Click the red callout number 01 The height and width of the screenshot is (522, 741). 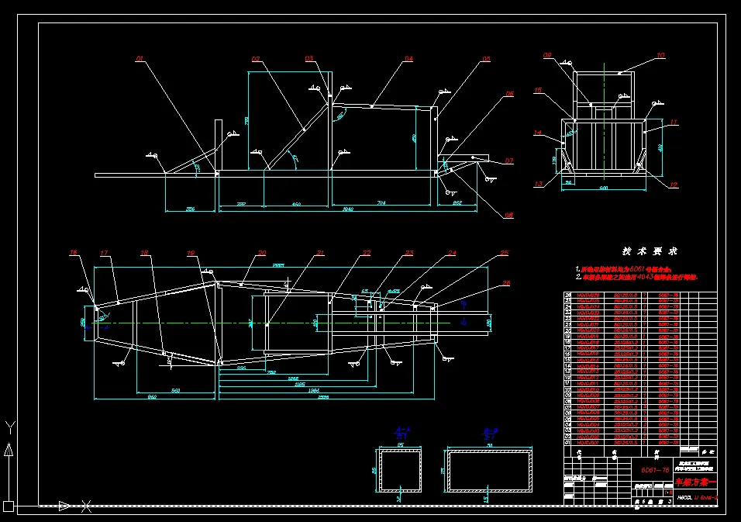tap(140, 58)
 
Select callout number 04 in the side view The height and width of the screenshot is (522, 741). tap(408, 58)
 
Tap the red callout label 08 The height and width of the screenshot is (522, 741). tap(509, 215)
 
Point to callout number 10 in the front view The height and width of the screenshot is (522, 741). tap(660, 55)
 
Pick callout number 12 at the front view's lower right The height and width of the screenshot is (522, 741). tap(674, 185)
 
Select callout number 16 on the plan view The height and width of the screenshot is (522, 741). tap(74, 253)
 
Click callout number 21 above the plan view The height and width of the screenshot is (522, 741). tap(320, 253)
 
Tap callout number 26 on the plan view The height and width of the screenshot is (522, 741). tap(507, 283)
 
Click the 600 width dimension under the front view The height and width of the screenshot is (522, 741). tap(603, 187)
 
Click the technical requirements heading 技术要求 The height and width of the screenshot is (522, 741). tap(650, 251)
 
